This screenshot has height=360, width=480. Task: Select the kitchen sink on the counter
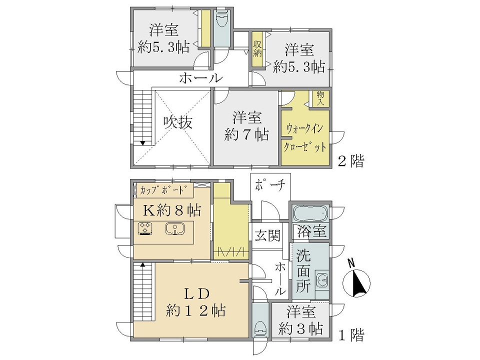click(174, 228)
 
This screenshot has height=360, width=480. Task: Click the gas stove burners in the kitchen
click(145, 228)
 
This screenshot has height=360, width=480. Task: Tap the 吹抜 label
click(178, 122)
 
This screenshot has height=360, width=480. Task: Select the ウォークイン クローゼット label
click(305, 137)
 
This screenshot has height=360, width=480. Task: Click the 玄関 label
click(267, 235)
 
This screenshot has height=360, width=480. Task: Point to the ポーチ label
click(270, 185)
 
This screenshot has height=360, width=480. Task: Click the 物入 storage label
click(320, 98)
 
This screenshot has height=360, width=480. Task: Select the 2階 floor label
click(351, 161)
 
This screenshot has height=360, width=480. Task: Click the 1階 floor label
click(351, 335)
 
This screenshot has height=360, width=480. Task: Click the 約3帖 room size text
click(300, 329)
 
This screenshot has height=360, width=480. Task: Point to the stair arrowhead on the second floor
click(142, 143)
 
